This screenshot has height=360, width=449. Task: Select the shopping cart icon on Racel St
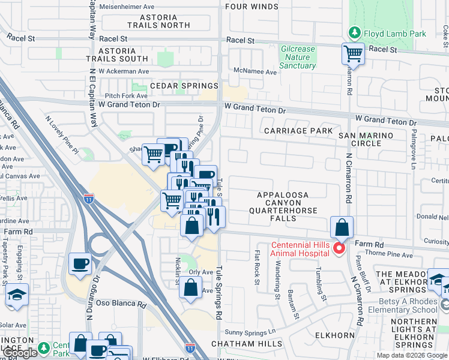tap(353, 54)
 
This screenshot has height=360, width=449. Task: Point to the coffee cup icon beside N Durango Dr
tap(80, 263)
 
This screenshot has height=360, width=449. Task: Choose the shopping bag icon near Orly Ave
tap(190, 287)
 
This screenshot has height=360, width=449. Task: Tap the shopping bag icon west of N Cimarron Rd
tap(341, 228)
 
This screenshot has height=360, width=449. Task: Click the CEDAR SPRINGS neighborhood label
tap(175, 86)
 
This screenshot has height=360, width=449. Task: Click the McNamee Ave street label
tap(256, 72)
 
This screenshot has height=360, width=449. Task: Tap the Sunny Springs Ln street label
tap(250, 332)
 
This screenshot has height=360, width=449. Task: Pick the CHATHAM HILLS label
tap(246, 344)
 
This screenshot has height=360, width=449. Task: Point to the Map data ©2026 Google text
tap(411, 355)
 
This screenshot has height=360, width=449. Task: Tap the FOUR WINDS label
tap(252, 7)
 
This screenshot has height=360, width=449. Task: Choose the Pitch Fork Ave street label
tap(126, 95)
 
